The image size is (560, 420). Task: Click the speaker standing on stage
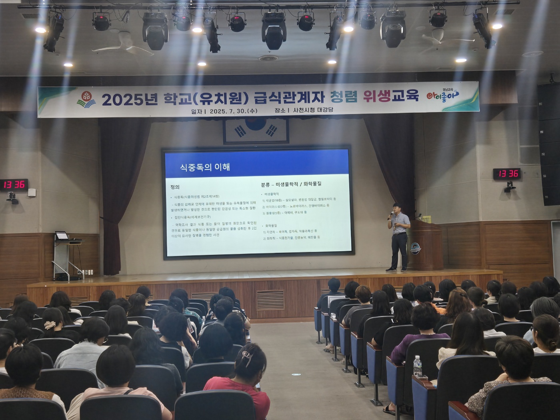coord(398,236)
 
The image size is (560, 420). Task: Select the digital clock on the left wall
coord(14,184)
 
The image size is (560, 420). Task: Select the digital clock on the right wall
coord(507,174)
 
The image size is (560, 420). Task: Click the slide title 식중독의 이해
coord(205,167)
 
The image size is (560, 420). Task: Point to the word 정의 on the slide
coord(175,187)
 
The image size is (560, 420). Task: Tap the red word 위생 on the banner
coord(376,96)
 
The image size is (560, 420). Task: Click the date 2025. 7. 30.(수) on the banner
coord(233,111)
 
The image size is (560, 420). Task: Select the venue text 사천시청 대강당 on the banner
coord(313,110)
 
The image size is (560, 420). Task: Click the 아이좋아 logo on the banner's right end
coord(443,95)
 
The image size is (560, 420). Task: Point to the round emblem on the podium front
coord(416,248)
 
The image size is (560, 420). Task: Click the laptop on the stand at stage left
coord(62,236)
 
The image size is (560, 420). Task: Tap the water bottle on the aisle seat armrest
coord(417,366)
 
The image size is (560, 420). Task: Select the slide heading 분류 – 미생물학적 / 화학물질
coord(291,184)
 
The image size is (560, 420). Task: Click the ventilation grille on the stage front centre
coord(270,300)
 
